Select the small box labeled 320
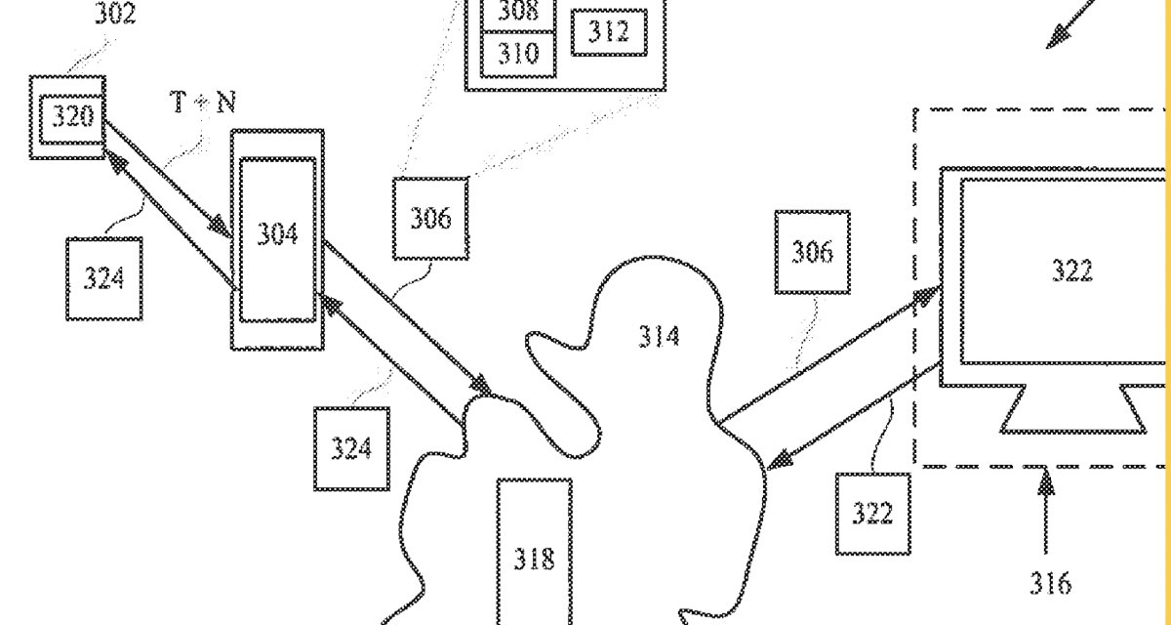point(66,117)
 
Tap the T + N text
point(204,104)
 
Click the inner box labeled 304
point(278,234)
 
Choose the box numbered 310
point(517,53)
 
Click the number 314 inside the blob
point(660,337)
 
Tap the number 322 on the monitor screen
point(1071,271)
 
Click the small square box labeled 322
point(871,514)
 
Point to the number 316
point(1049,583)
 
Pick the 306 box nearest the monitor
point(812,252)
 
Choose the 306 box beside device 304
point(429,218)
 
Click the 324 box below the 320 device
point(103,278)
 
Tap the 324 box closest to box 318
point(350,448)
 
